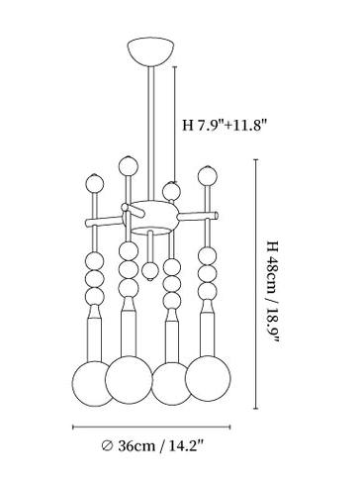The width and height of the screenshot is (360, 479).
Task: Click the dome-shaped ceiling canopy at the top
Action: (x=150, y=51)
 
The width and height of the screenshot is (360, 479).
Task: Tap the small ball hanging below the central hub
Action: (x=150, y=271)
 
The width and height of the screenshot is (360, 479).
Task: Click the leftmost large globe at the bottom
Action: (x=92, y=384)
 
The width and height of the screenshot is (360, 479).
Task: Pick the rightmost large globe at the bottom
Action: (x=208, y=378)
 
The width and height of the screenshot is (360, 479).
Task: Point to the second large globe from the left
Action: (x=129, y=380)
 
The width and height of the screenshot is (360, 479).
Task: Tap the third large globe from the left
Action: (x=171, y=384)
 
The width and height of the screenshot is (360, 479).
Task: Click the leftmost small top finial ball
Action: (x=95, y=183)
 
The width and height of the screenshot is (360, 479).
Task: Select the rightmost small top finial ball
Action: (x=208, y=176)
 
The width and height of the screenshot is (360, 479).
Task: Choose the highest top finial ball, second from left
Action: (x=129, y=166)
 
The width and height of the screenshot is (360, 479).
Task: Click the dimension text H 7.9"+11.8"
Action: (x=225, y=126)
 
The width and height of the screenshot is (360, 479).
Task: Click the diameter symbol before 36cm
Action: (x=107, y=446)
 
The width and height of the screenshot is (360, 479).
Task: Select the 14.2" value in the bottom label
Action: (x=185, y=446)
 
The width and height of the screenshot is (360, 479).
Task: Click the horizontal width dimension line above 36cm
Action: (x=151, y=428)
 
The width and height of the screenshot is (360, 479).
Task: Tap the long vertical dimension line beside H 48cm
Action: (x=256, y=284)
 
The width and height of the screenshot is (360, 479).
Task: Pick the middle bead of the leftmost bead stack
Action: (x=95, y=278)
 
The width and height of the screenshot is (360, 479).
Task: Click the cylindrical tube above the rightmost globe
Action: (x=208, y=335)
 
